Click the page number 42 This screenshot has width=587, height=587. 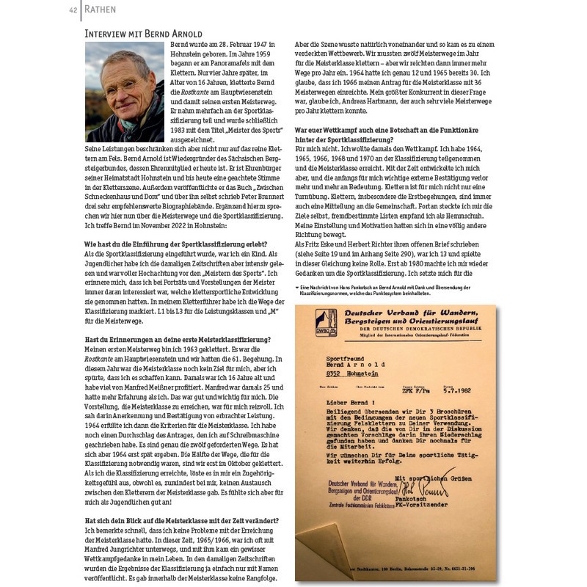click(73, 10)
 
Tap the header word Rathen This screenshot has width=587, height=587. click(99, 10)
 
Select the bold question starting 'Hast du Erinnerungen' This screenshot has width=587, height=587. click(178, 338)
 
